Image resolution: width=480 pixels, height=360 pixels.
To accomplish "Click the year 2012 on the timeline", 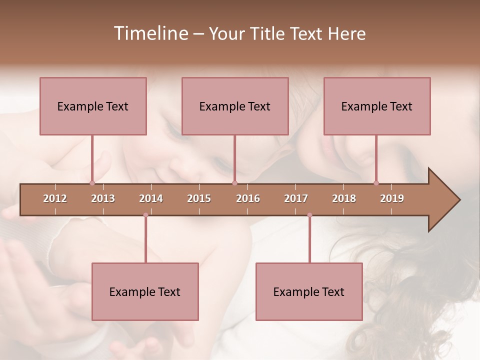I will pyautogui.click(x=55, y=198).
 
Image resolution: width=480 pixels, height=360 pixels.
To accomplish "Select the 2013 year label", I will pyautogui.click(x=103, y=198).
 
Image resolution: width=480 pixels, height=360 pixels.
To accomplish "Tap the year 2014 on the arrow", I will pyautogui.click(x=151, y=198).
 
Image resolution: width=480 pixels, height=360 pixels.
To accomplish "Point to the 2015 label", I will pyautogui.click(x=199, y=198).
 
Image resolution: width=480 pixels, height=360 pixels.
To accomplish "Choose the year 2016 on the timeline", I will pyautogui.click(x=248, y=198).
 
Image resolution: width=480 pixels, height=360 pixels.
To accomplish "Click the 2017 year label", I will pyautogui.click(x=296, y=198).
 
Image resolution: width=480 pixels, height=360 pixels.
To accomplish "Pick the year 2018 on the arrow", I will pyautogui.click(x=344, y=198).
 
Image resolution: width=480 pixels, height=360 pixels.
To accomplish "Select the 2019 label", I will pyautogui.click(x=392, y=198).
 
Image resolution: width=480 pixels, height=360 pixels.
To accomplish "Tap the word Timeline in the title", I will pyautogui.click(x=150, y=33).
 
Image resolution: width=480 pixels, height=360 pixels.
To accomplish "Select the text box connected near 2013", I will pyautogui.click(x=93, y=106).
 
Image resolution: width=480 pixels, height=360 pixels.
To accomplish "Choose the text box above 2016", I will pyautogui.click(x=235, y=106).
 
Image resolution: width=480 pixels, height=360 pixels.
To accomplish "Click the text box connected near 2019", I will pyautogui.click(x=377, y=106).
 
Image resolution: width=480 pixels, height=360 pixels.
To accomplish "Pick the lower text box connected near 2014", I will pyautogui.click(x=145, y=291).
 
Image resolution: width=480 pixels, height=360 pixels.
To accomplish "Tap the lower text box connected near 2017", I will pyautogui.click(x=309, y=291).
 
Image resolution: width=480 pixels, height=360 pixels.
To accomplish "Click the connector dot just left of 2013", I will pyautogui.click(x=92, y=183).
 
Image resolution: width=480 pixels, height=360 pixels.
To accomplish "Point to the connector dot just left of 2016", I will pyautogui.click(x=234, y=183).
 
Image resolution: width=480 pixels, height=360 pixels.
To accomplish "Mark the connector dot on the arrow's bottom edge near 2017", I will pyautogui.click(x=309, y=215).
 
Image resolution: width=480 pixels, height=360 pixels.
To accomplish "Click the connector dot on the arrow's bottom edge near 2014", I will pyautogui.click(x=145, y=215).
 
